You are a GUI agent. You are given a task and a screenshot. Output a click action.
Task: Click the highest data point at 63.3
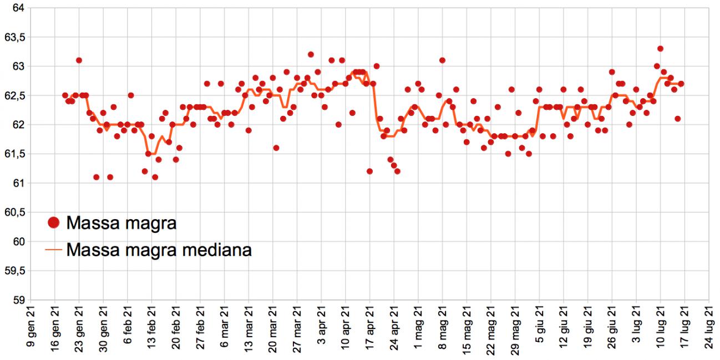pos(660,49)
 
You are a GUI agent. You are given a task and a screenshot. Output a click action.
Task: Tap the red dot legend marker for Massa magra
pos(54,222)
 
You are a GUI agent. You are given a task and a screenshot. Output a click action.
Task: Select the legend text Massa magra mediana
pos(159,250)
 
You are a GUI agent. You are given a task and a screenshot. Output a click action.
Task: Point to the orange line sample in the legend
pos(54,250)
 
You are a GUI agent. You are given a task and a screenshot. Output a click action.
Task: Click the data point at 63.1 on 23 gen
pos(79,60)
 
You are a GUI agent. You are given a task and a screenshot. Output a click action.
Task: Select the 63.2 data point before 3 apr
pos(311,54)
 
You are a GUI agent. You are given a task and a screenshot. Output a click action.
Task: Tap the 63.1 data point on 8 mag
pos(442,60)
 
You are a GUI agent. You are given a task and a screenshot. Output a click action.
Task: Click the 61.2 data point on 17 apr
pos(369,171)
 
